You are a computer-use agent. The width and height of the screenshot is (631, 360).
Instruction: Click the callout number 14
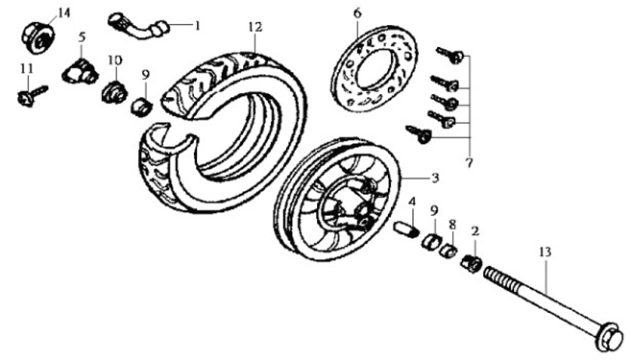coord(63,12)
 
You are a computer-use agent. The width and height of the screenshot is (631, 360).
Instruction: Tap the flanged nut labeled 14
coord(37,37)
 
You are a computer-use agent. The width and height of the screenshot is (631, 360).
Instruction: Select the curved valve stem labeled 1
coord(137,26)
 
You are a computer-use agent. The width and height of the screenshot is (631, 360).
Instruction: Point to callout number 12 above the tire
coord(255,27)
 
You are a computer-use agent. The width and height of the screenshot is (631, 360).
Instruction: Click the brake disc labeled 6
coord(376,68)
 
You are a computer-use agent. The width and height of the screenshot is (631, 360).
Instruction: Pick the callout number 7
coord(469,163)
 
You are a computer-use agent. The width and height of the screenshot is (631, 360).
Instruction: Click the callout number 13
coord(546,252)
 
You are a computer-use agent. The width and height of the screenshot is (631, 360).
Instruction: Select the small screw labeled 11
coord(33,95)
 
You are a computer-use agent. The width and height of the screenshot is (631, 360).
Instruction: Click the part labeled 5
coord(80,71)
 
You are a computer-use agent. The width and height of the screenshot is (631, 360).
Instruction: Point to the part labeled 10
coord(113,92)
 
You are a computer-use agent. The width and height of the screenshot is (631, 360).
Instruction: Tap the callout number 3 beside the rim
coord(435,179)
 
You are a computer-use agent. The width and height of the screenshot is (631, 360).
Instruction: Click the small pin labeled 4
coord(405,228)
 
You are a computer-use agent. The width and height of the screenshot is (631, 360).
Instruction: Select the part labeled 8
coord(448,251)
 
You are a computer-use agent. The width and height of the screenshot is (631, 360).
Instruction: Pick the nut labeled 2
coord(472,263)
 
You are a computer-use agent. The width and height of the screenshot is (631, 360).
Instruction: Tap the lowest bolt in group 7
coord(419,134)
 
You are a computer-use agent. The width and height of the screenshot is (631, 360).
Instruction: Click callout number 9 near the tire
coord(145,75)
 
